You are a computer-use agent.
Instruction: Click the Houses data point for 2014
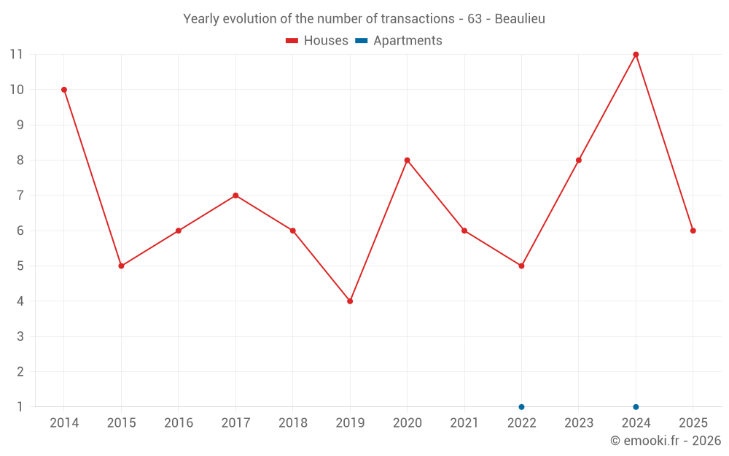64,90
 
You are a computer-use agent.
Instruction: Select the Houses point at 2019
350,301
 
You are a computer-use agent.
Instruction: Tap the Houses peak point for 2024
636,55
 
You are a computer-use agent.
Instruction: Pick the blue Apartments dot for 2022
521,407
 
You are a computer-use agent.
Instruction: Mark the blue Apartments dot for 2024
636,407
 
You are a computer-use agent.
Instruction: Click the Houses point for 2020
407,161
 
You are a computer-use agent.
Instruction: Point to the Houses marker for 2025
693,231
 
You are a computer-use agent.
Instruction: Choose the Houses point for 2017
235,196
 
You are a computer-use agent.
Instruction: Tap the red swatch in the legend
292,41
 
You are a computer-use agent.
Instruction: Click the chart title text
364,19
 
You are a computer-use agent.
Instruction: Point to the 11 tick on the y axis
16,55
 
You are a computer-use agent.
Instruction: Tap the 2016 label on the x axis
179,423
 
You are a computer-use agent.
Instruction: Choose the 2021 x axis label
464,423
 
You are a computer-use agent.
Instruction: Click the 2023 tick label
579,423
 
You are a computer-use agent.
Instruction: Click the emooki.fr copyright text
665,441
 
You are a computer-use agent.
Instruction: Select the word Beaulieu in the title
520,19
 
